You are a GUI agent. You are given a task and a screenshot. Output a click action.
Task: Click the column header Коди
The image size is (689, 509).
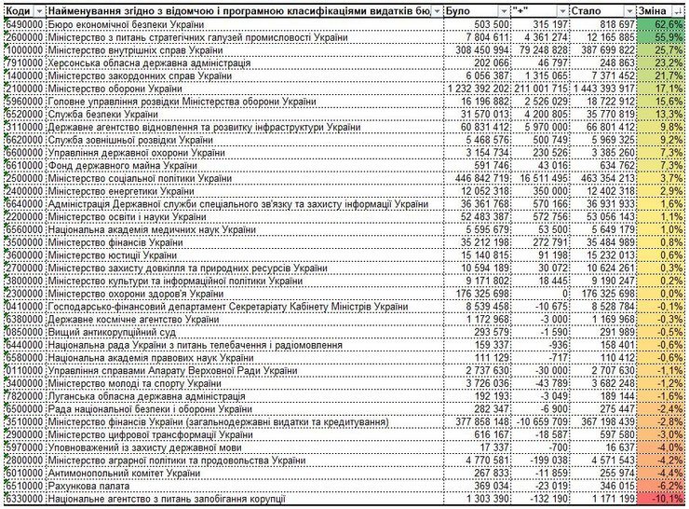(19, 8)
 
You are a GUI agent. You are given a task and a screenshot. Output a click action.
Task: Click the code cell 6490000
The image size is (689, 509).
(24, 21)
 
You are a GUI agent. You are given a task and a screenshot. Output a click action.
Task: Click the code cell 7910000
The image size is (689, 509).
(24, 61)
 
